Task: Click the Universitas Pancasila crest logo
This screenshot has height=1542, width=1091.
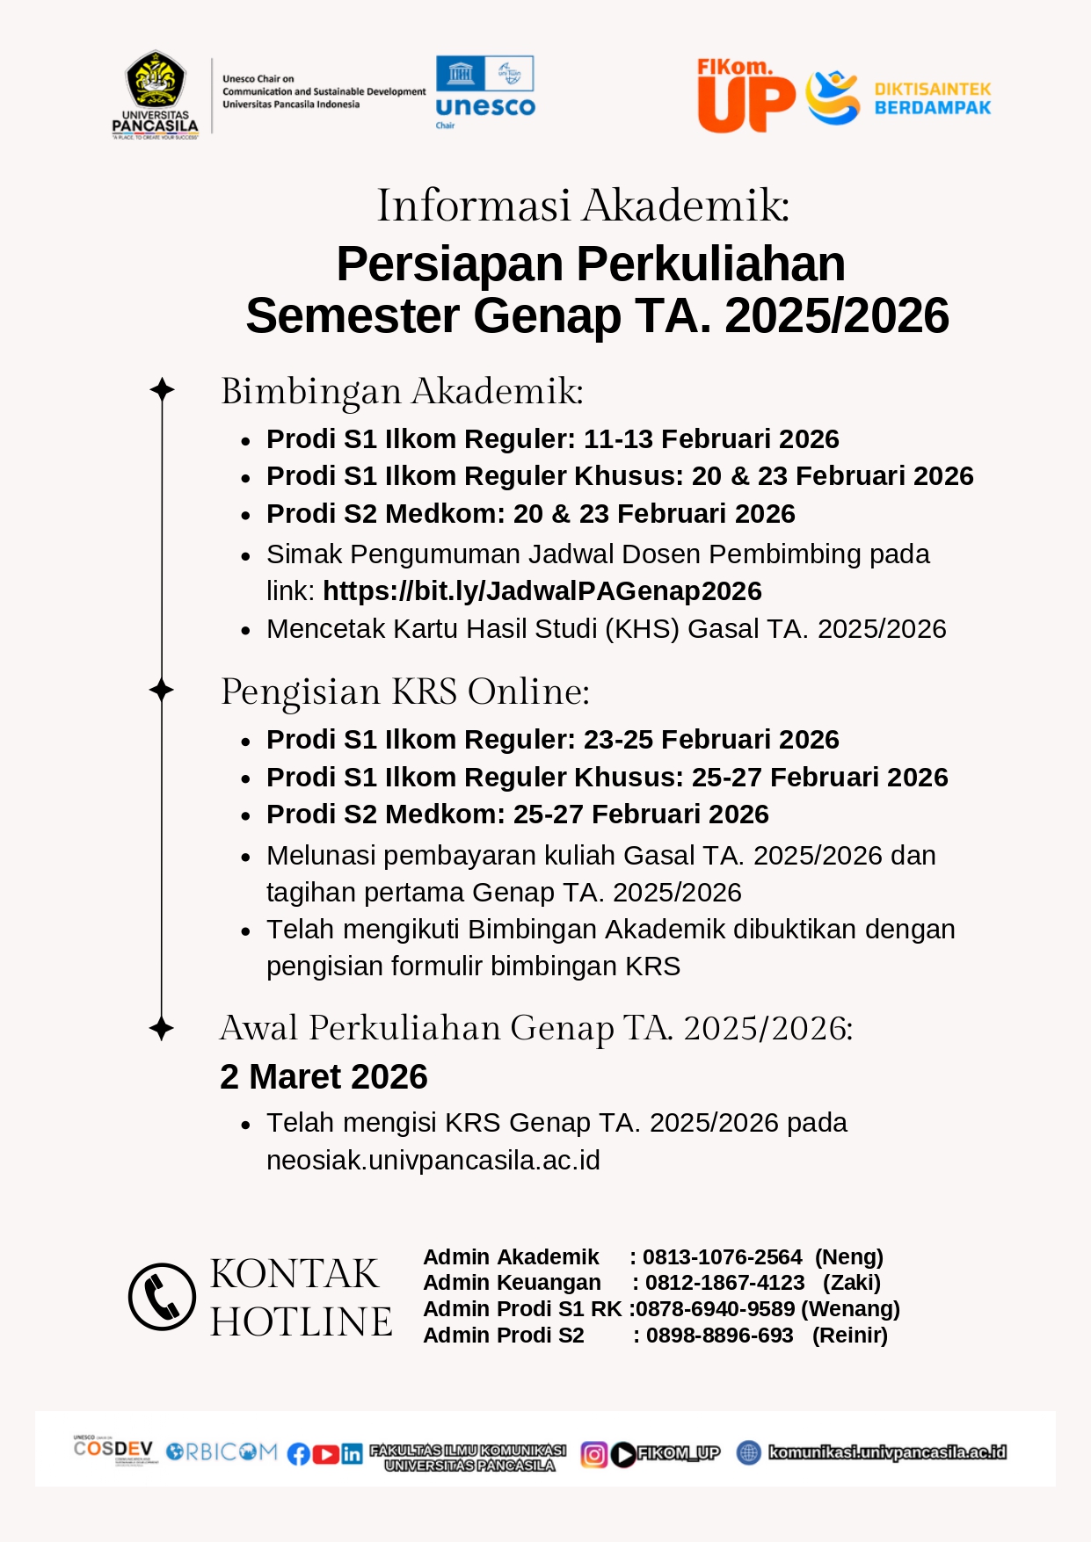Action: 156,92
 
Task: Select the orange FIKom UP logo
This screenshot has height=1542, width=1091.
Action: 746,96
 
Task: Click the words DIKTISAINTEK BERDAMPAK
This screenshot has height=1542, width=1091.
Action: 932,98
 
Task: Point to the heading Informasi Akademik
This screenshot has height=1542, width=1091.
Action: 583,206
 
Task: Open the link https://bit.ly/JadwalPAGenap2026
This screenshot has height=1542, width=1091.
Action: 542,591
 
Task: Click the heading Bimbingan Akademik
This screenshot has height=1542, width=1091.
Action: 402,391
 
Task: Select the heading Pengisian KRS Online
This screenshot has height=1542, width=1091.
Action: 404,691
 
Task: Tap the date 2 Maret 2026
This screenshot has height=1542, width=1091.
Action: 324,1076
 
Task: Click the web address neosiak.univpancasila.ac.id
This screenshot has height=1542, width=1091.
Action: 433,1160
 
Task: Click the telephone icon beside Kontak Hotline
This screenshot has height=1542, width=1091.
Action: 162,1296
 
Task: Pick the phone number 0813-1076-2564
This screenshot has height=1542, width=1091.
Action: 722,1257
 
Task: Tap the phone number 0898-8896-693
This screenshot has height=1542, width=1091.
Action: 719,1336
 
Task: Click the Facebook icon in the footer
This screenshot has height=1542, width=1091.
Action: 299,1454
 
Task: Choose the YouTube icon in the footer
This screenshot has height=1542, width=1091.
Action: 325,1454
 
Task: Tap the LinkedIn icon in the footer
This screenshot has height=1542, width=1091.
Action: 352,1454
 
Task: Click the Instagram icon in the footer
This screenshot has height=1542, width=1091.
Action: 593,1455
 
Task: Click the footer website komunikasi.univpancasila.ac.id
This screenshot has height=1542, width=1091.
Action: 887,1452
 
